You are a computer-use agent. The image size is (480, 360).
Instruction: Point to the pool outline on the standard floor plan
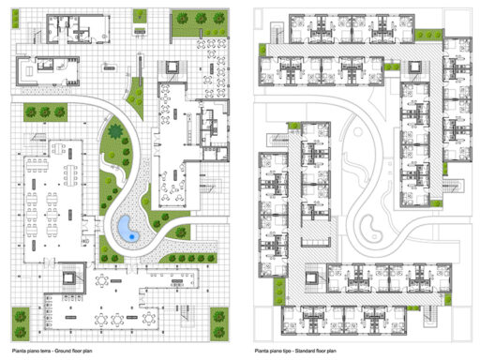[370, 225]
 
